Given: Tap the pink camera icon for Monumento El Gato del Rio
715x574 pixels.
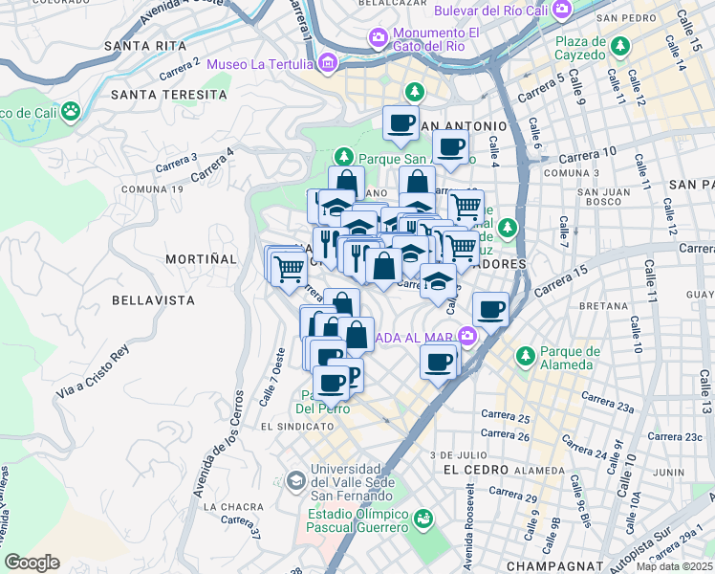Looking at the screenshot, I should (378, 38).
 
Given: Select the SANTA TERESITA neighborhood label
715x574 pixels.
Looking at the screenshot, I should (169, 95).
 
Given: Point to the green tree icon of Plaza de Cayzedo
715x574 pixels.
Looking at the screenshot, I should (621, 46).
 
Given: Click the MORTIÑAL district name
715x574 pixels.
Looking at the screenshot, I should (200, 259).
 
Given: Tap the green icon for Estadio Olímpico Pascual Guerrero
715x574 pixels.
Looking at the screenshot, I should (422, 519).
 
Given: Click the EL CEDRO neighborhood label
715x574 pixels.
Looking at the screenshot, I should (472, 470).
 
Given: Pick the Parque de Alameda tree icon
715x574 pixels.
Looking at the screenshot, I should (525, 356).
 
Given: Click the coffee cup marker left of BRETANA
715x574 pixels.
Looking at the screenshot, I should (491, 310).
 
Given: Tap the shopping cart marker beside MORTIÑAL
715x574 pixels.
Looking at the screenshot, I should (287, 269).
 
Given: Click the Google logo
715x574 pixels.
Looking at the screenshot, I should (32, 563).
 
